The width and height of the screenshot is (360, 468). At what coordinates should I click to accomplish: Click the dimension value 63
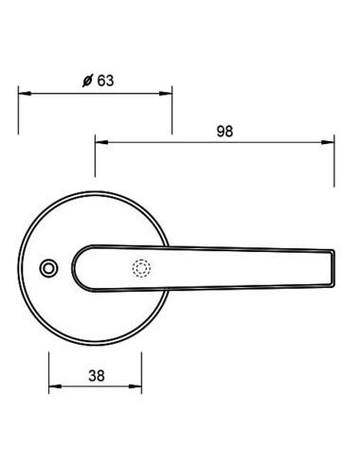click(x=104, y=81)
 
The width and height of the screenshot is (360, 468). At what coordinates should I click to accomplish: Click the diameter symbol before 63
click(x=87, y=81)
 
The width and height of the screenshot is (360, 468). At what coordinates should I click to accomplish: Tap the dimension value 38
click(x=95, y=374)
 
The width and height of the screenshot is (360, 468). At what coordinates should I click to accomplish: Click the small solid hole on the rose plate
click(x=46, y=271)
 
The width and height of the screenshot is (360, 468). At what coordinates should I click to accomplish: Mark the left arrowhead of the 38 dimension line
click(x=54, y=386)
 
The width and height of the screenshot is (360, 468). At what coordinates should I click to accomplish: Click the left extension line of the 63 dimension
click(x=19, y=112)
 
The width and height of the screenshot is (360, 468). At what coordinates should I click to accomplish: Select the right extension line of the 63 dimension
click(x=172, y=112)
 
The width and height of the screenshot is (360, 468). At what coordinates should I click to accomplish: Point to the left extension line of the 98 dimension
click(x=95, y=156)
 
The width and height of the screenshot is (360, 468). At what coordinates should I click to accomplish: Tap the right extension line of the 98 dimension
click(x=336, y=161)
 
